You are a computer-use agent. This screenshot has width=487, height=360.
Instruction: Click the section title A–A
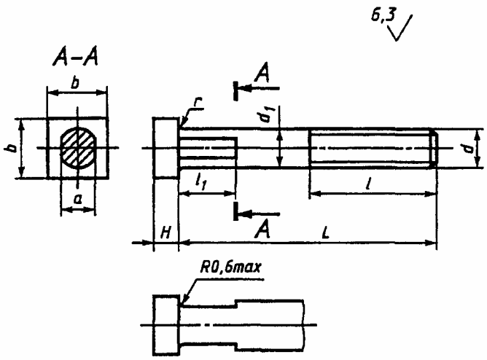pos(76,58)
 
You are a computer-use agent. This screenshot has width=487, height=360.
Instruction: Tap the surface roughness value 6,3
pos(383,15)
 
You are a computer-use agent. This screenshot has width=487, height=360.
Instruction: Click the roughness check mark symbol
pos(400,28)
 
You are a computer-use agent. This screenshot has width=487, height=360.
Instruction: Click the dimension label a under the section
pos(78,199)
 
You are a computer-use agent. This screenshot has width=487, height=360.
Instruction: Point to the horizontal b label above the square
pos(75,83)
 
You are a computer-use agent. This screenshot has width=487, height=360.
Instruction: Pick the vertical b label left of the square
pos(11,149)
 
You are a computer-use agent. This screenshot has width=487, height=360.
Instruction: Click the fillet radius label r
pos(198,103)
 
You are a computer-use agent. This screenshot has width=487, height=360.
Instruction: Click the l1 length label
pos(200,182)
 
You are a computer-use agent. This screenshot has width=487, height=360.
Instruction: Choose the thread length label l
pos(369,184)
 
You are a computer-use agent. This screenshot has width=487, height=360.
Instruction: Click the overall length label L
pos(325,233)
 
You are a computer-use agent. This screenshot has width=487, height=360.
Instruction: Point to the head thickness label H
pos(165,232)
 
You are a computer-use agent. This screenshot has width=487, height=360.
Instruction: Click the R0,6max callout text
pos(230,267)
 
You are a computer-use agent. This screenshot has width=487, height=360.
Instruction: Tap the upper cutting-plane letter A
pos(262,73)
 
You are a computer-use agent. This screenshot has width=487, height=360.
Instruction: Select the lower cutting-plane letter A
pos(262,230)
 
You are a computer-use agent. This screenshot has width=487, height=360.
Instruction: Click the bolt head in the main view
pos(165,148)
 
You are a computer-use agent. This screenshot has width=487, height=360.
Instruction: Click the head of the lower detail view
pos(166,325)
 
